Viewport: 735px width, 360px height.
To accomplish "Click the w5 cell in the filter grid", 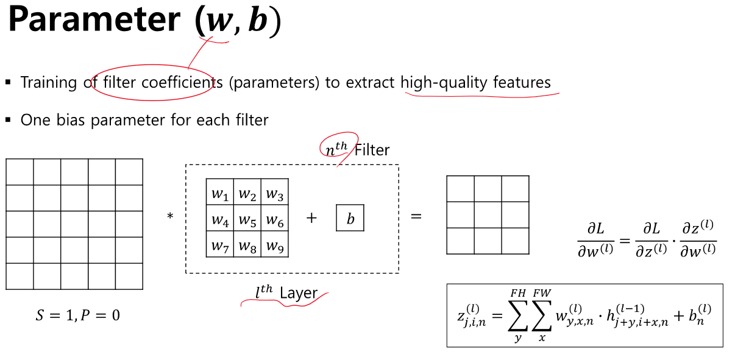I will click(247, 220).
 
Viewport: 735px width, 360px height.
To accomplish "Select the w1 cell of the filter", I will click(219, 194).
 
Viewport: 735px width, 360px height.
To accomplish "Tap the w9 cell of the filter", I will click(274, 245).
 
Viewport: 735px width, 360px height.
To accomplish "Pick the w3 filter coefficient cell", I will click(274, 194).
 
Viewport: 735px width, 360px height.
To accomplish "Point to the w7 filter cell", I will click(219, 245).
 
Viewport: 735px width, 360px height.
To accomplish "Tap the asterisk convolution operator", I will click(170, 217).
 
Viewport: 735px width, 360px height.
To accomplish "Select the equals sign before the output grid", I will click(416, 216).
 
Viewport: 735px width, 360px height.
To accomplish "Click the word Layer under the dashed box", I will click(299, 293).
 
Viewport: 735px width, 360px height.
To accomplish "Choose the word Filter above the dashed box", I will click(372, 149).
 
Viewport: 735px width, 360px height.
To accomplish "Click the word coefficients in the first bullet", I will click(182, 83).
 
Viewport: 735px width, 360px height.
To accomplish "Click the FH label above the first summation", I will click(518, 293).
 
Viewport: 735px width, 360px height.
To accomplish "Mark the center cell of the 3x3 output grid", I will click(488, 214).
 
